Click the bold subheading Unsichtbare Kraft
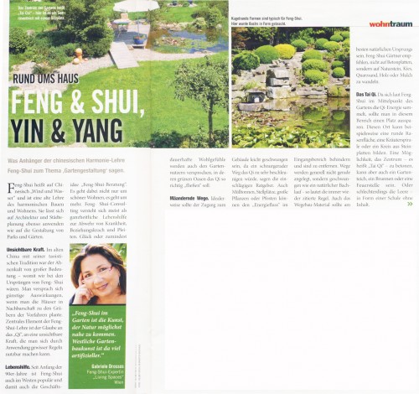pyautogui.click(x=26, y=249)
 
